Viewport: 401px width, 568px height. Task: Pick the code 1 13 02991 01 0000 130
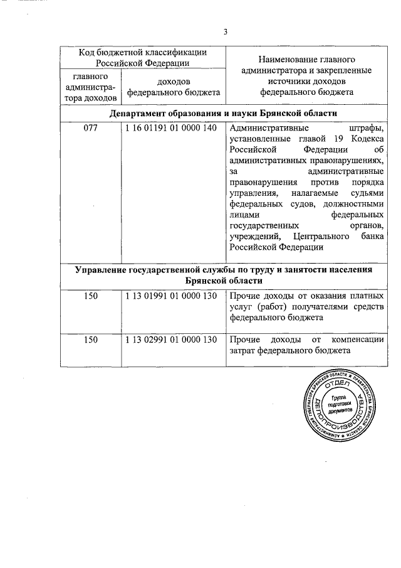point(170,340)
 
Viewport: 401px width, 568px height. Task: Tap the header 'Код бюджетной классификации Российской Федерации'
point(142,57)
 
